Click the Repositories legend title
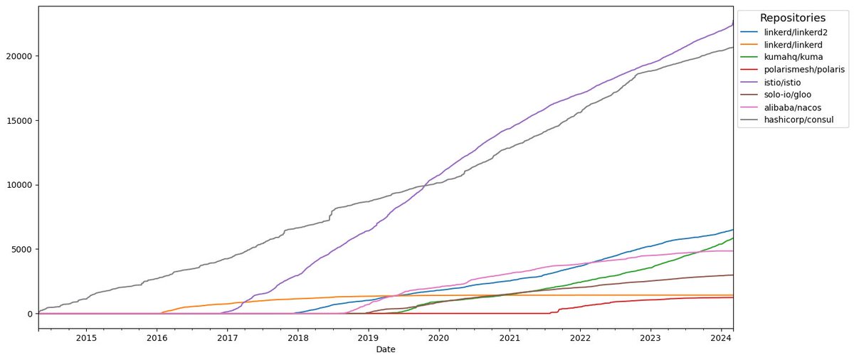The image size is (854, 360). pyautogui.click(x=793, y=18)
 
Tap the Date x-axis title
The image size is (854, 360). pyautogui.click(x=385, y=349)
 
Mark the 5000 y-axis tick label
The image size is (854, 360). pyautogui.click(x=22, y=249)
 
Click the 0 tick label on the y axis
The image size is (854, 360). pyautogui.click(x=29, y=314)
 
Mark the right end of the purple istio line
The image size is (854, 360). pyautogui.click(x=733, y=23)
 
